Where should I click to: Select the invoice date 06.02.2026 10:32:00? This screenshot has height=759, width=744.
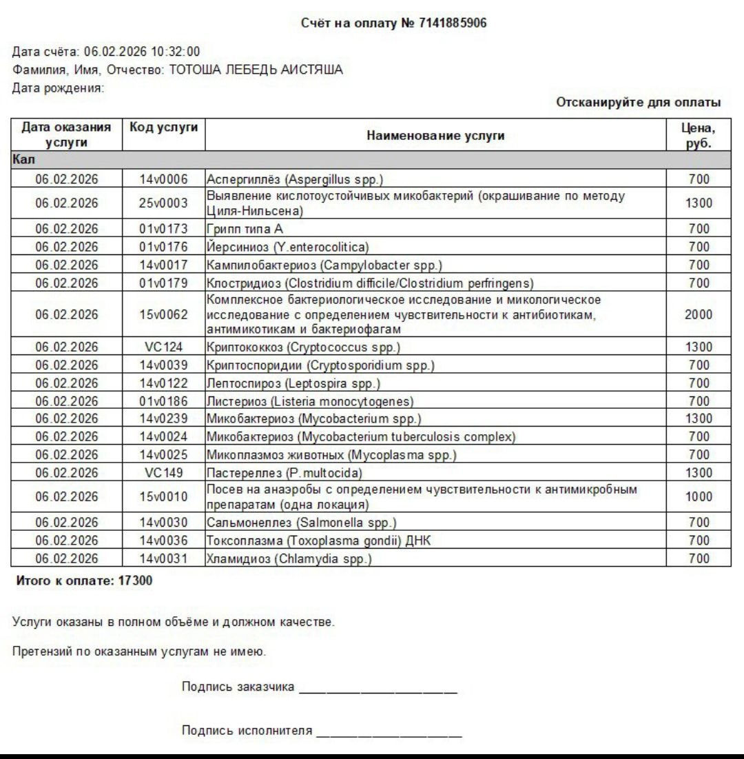point(142,52)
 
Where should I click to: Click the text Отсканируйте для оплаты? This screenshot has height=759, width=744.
point(639,102)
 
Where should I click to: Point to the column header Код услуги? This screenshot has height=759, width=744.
point(163,128)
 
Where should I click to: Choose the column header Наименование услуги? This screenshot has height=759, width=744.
point(435,135)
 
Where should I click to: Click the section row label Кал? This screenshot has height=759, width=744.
point(19,159)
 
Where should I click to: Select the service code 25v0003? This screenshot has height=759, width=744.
point(163,203)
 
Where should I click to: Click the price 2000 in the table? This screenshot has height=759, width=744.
point(699,314)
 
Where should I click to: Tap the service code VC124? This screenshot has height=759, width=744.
point(163,347)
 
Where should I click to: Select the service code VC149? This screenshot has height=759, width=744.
point(163,473)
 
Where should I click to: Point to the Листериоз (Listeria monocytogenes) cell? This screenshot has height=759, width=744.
point(311,401)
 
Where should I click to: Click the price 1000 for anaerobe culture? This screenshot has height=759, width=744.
point(699,497)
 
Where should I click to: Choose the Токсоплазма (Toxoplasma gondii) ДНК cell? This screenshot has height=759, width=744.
point(319,540)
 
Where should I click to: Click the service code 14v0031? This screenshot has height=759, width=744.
point(163,558)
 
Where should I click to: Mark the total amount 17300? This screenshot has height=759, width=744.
point(136,581)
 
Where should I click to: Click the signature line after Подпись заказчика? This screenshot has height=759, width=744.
point(378,689)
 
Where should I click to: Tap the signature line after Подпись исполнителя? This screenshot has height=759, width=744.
point(389,733)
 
